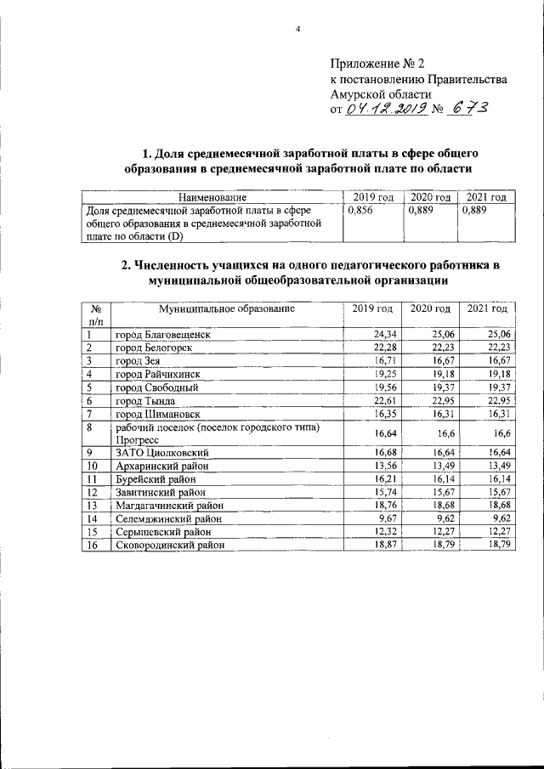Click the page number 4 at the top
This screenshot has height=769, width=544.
298,30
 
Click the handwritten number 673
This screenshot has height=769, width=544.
476,109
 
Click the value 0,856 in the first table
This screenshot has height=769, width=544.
362,209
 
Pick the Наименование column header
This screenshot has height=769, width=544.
211,197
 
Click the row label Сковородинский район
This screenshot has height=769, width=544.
171,545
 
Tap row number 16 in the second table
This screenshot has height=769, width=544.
91,545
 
